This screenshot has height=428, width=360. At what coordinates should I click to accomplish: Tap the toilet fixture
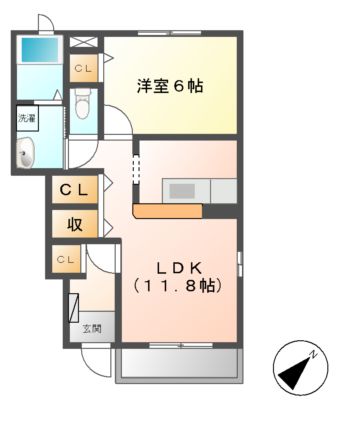(x=84, y=100)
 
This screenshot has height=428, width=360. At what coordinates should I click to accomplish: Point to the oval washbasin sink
(x=26, y=153)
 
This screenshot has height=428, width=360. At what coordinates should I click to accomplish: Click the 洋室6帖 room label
(x=170, y=86)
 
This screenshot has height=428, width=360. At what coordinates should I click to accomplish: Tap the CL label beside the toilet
(x=83, y=68)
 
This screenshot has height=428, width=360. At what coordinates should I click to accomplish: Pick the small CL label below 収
(x=65, y=259)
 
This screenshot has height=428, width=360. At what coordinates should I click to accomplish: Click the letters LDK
(x=180, y=266)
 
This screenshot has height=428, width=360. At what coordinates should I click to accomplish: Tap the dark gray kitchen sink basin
(x=183, y=190)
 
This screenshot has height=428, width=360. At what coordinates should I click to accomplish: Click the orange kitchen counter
(x=168, y=211)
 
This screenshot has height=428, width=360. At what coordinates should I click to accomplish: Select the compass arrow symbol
(x=297, y=372)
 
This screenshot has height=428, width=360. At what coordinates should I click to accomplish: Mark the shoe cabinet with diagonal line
(x=73, y=302)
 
